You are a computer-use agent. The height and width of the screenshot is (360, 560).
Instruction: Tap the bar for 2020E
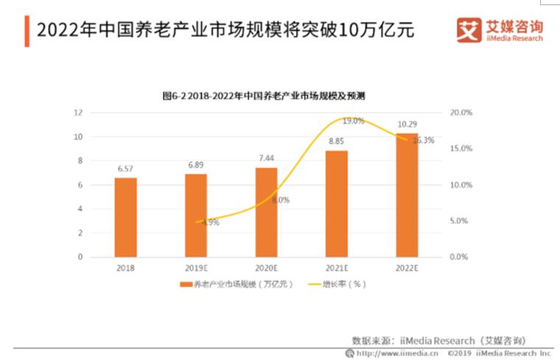click(267, 212)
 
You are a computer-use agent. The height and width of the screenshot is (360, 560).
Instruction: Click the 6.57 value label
click(125, 169)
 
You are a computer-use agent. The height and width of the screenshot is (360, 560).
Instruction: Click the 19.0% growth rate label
click(354, 121)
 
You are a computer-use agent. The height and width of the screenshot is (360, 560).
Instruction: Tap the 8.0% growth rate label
click(281, 200)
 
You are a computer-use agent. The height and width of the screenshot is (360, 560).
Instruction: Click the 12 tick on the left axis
click(77, 113)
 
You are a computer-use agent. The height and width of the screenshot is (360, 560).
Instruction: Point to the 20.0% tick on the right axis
click(461, 113)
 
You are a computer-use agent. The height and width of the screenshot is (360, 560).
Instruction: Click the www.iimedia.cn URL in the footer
click(398, 353)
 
